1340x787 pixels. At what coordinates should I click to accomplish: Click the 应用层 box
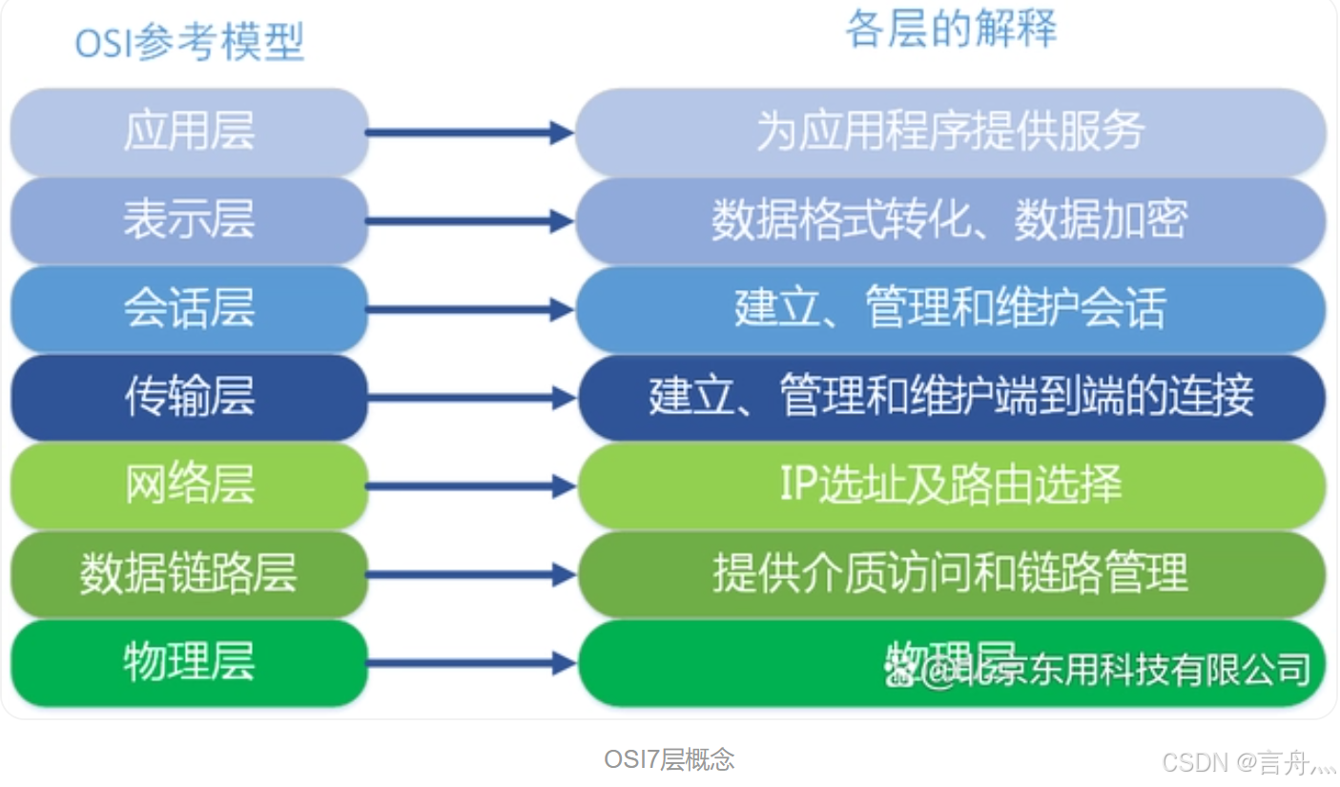click(x=189, y=132)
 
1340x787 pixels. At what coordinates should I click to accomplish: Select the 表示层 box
click(x=189, y=220)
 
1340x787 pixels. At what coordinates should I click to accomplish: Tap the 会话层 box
click(x=189, y=309)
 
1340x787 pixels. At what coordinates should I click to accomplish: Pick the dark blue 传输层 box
click(x=189, y=398)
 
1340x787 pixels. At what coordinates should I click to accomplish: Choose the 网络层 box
click(x=189, y=486)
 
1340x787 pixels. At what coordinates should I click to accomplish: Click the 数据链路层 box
click(x=189, y=574)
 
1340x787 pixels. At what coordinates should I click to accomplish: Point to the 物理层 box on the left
click(x=189, y=663)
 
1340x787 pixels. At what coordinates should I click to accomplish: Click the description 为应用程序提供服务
click(x=951, y=132)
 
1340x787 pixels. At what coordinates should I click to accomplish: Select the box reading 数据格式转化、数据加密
click(x=951, y=220)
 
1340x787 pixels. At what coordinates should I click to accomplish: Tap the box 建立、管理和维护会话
click(x=951, y=309)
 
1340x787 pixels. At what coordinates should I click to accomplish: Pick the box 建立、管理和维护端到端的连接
click(x=951, y=398)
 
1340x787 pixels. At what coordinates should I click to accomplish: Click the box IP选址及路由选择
click(x=951, y=486)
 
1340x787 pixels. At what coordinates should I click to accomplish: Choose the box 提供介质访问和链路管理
click(x=951, y=574)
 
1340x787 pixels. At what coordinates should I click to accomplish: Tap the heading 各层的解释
click(x=951, y=30)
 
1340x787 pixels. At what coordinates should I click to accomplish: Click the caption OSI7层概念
click(x=670, y=759)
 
